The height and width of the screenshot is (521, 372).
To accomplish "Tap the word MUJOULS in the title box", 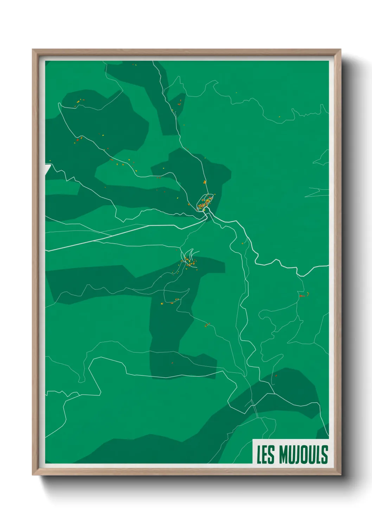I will (x=304, y=454).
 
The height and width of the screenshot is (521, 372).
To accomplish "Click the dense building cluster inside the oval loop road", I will (x=206, y=203).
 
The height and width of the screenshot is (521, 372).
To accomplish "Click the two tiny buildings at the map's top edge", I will (x=134, y=65).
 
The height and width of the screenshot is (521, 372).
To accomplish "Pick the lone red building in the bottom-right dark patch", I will (x=276, y=376).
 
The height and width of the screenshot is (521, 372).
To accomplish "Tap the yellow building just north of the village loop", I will (x=204, y=182).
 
